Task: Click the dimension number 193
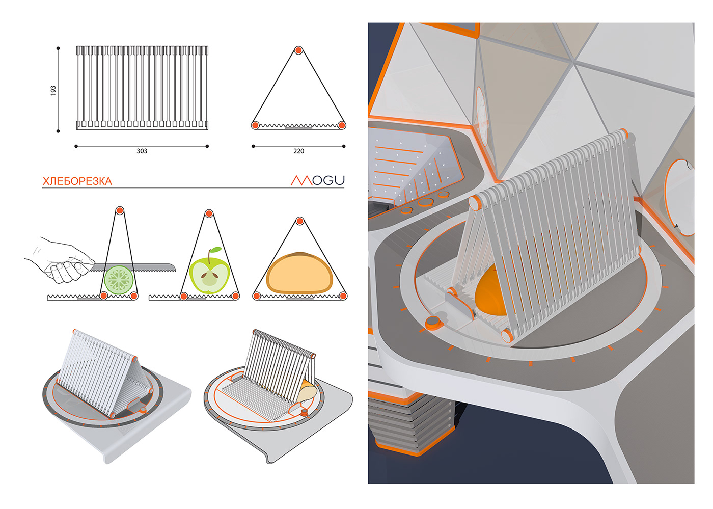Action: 53,91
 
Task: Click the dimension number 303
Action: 142,151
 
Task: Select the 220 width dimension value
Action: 298,151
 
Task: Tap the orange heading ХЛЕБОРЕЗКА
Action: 77,181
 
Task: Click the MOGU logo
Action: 318,180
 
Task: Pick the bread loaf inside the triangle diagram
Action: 299,273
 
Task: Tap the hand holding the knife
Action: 60,260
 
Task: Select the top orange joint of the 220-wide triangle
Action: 298,50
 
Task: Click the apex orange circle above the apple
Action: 209,213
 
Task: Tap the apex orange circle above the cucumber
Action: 120,210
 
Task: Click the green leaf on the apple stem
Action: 216,249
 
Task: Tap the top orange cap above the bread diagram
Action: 299,221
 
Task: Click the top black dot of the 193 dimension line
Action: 58,48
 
